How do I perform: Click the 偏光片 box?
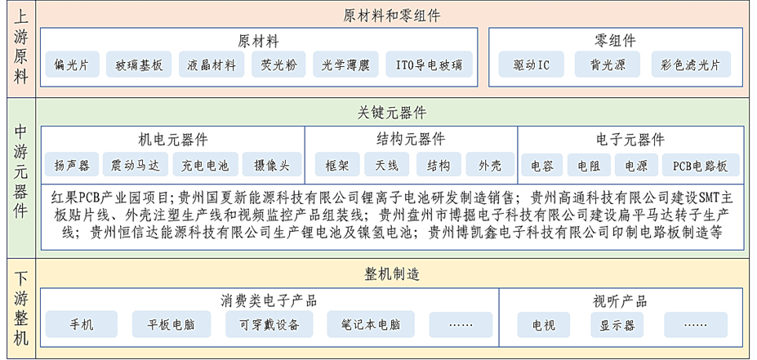coord(73,64)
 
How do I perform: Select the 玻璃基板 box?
coord(139,64)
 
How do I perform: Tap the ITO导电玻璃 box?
coord(429,64)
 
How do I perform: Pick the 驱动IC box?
coord(531,64)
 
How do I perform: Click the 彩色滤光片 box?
coord(691,64)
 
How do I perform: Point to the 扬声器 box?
coord(72,166)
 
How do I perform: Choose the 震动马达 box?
coord(136,166)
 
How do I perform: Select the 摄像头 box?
coord(272,166)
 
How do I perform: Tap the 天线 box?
coord(387,166)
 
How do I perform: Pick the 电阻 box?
coord(589,166)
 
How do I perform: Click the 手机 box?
coord(82,324)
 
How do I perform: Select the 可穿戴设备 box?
coord(269,324)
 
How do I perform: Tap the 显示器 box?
coord(617,324)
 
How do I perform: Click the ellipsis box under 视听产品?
coord(696,324)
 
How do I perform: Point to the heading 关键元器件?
coord(392,113)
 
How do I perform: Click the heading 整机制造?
coord(392,274)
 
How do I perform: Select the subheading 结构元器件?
coord(411,140)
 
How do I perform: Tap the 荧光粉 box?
coord(278,64)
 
